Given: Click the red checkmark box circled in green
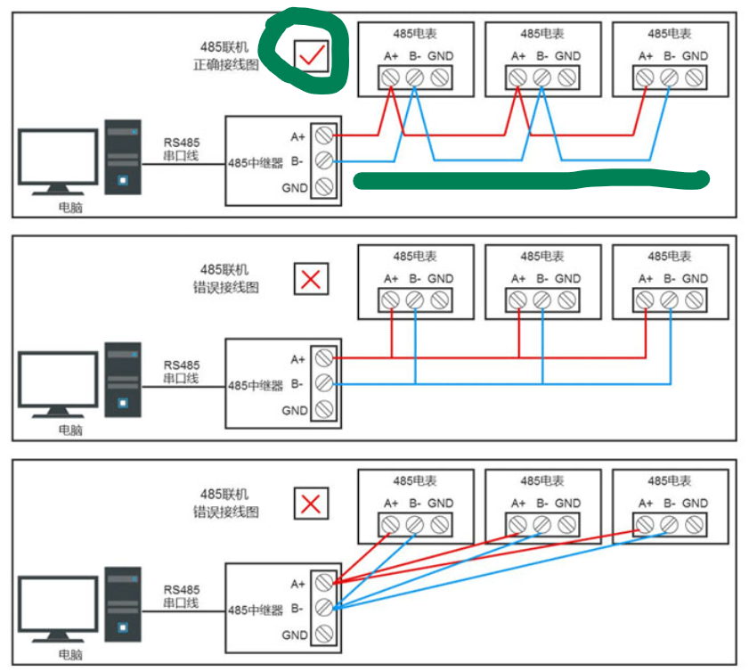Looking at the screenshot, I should tap(311, 57).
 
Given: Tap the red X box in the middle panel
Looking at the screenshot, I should tap(311, 279).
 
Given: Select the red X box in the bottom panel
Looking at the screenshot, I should tap(311, 504).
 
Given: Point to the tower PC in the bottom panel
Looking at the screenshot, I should tap(123, 605).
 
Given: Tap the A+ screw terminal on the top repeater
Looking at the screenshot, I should tap(324, 135).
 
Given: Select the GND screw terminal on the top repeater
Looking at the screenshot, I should tap(324, 187).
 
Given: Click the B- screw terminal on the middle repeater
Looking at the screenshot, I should tap(324, 384).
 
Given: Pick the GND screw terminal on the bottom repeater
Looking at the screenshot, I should tap(324, 635).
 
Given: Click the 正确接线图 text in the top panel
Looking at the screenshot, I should tap(226, 65).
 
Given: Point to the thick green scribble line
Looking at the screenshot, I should tap(531, 180).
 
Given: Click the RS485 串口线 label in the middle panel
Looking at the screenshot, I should tap(182, 372).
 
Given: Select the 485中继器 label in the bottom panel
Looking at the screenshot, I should tap(256, 611).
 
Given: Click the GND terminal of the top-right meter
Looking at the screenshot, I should tap(695, 78).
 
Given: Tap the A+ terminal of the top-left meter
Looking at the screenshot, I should tap(390, 78).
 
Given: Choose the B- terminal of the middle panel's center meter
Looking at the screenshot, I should tap(541, 300).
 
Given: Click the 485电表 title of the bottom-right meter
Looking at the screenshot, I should tap(670, 481).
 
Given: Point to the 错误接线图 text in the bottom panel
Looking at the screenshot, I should tap(226, 512).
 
